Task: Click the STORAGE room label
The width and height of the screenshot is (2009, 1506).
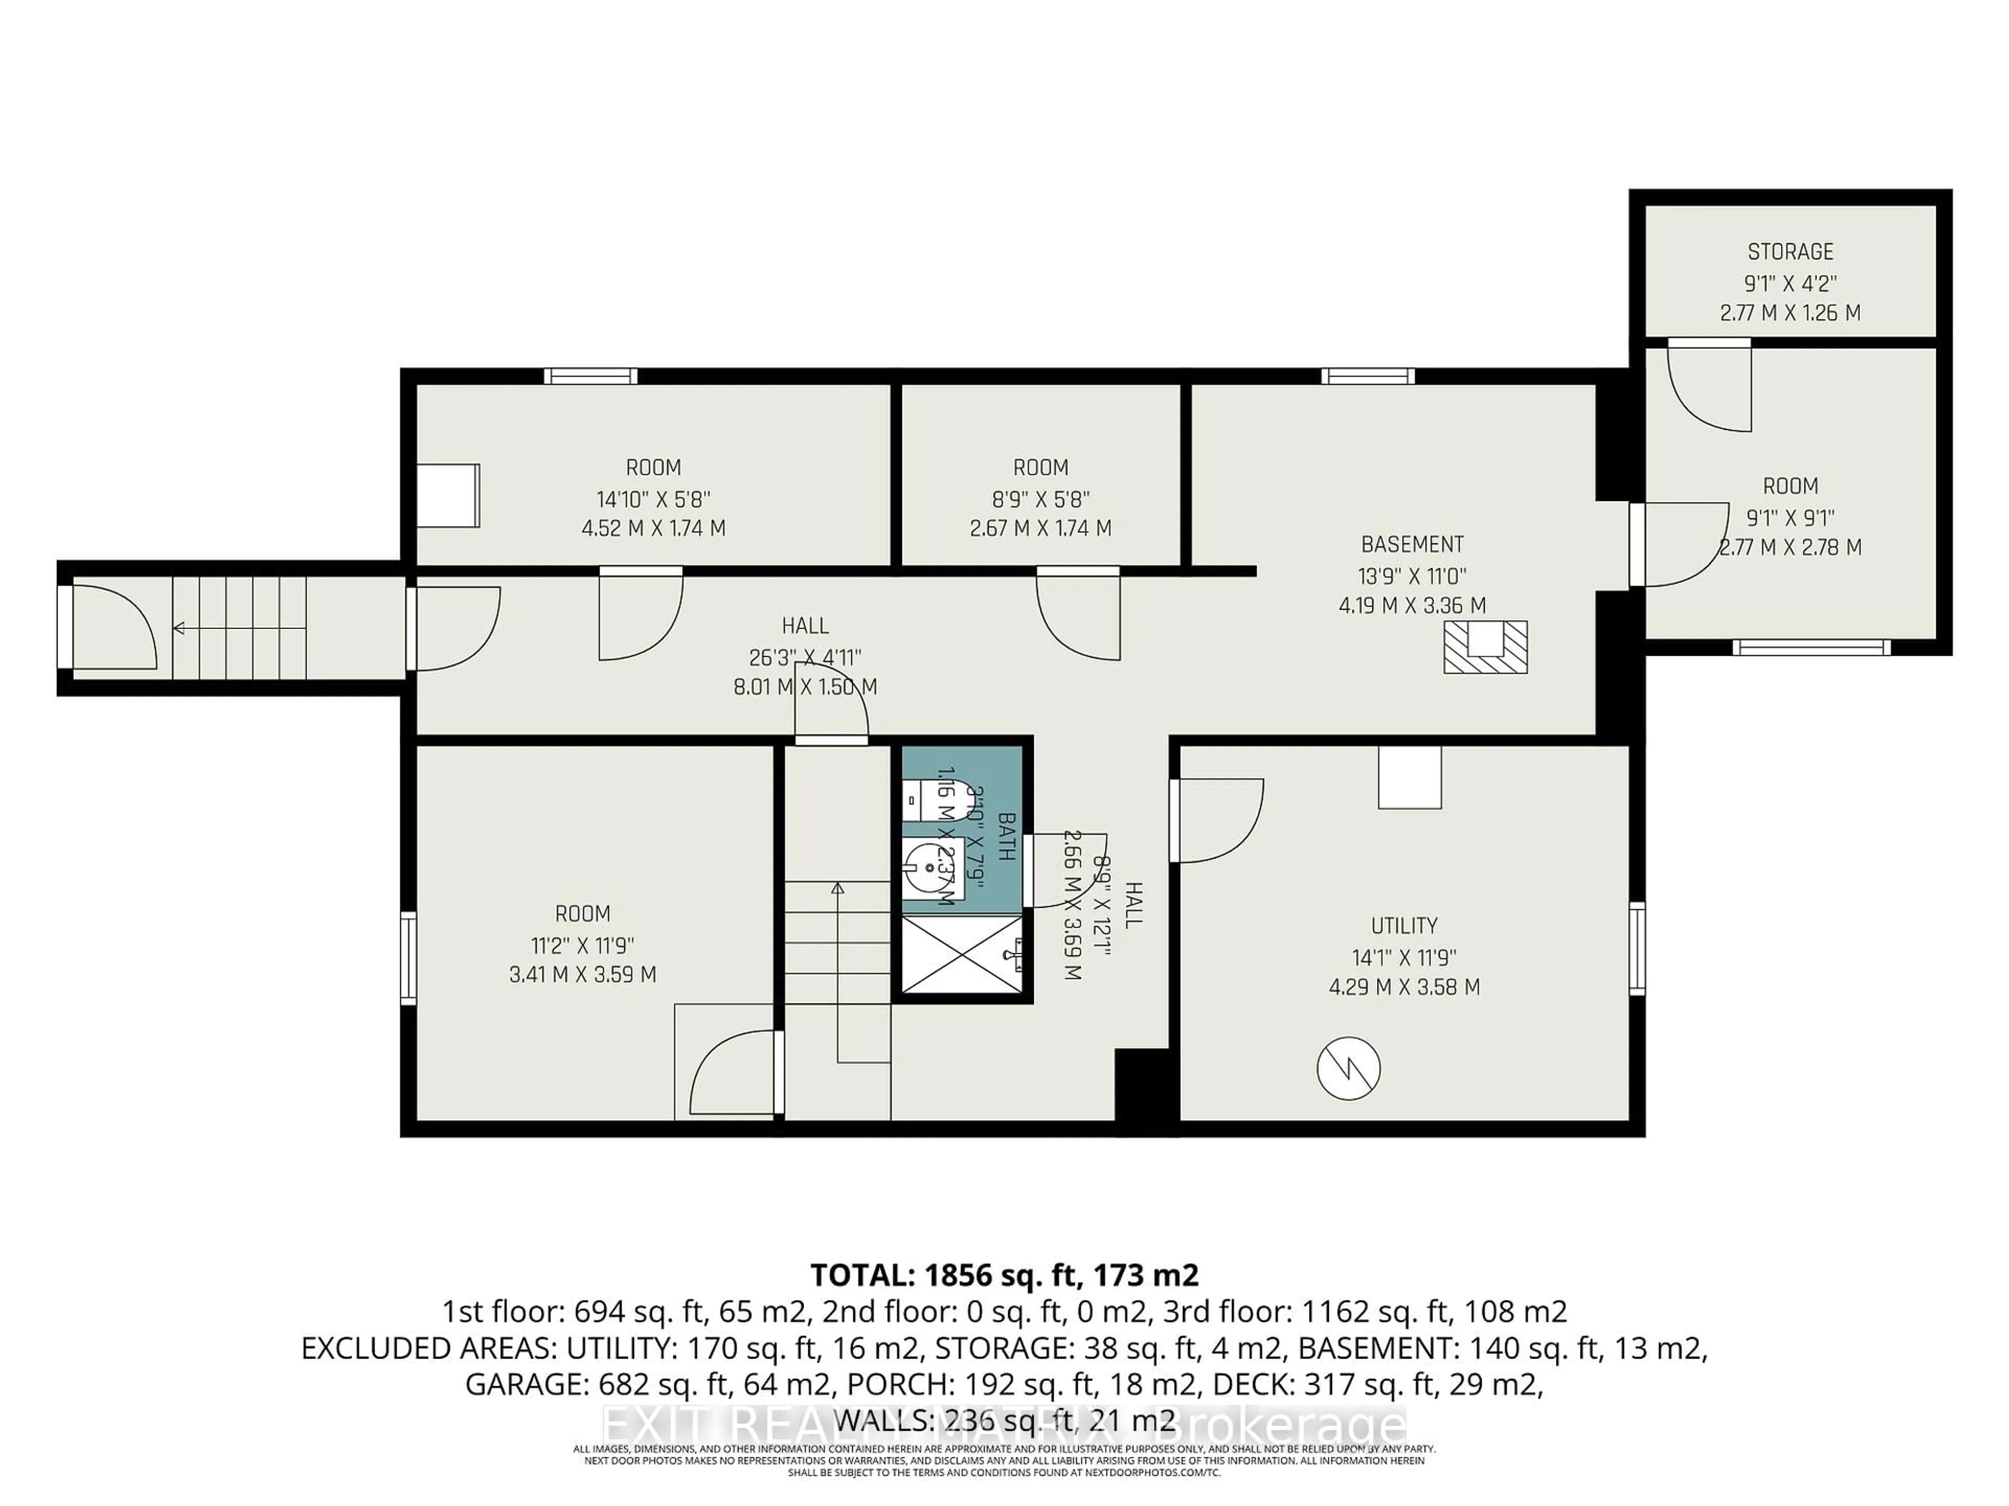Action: pos(1790,252)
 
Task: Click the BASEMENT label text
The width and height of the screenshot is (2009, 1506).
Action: pos(1412,545)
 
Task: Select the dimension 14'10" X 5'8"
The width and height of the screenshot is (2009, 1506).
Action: pos(653,498)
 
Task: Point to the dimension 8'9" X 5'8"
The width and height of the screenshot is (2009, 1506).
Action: pos(1041,498)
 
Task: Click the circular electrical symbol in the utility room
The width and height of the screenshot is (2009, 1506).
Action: pos(1349,1068)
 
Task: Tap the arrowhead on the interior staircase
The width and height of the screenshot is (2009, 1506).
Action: pos(838,888)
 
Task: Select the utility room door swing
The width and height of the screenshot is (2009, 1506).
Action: pos(1217,820)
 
